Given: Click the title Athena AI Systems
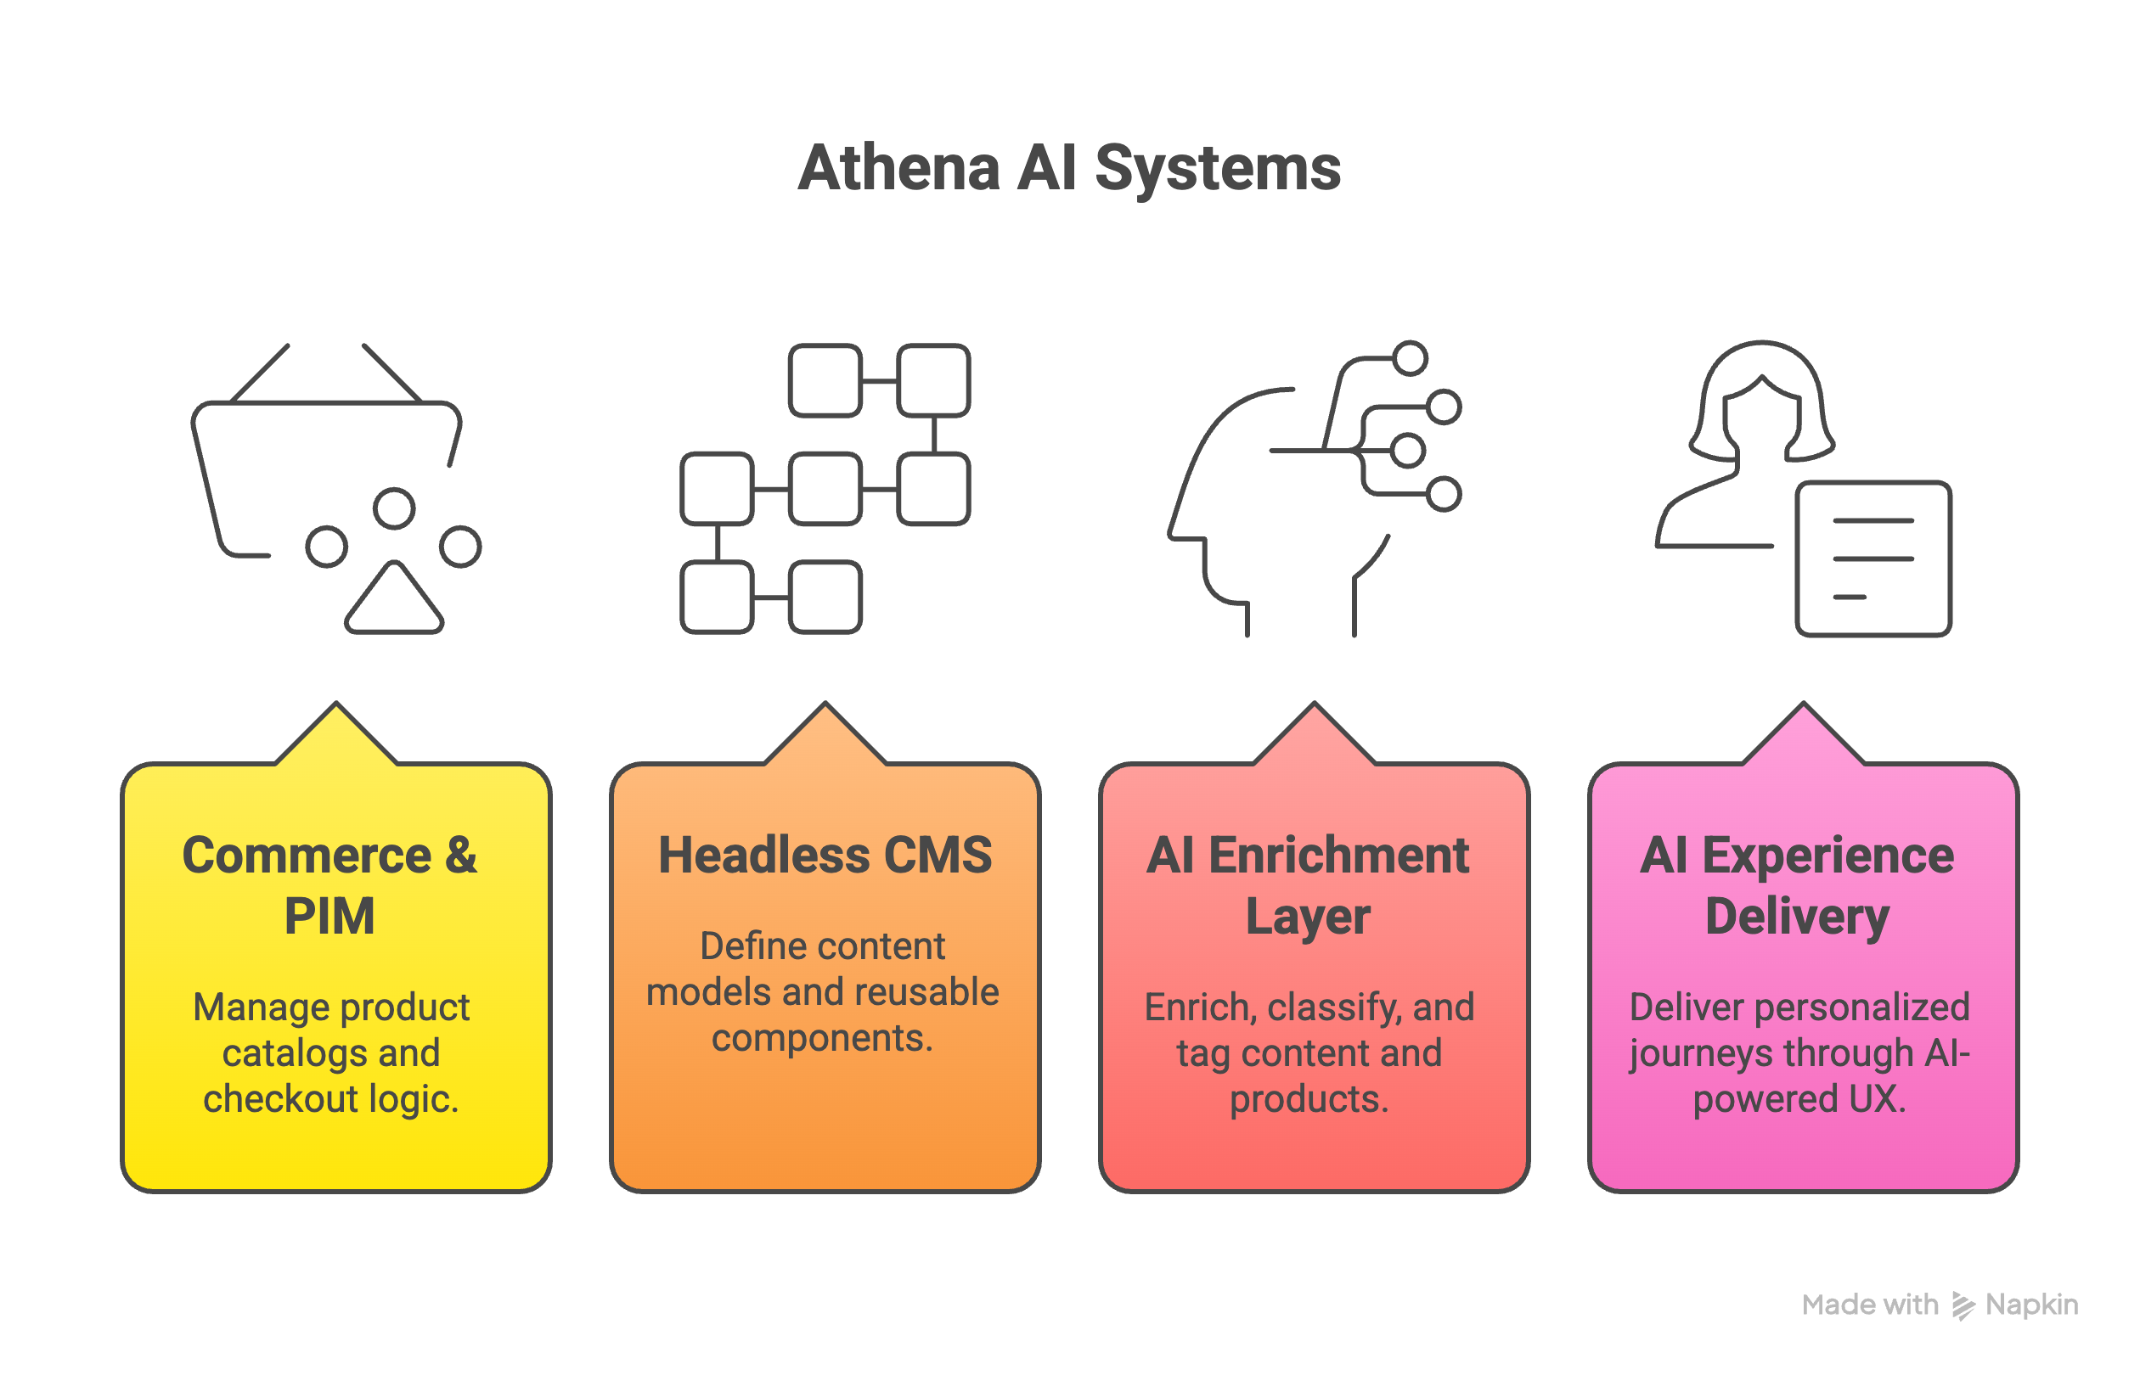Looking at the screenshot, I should coord(1069,168).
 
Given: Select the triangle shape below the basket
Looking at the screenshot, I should coord(394,601).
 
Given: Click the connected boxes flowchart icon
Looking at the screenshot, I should coord(825,488).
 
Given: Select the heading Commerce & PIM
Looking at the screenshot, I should coord(329,884).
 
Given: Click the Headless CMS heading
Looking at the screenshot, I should coord(825,856).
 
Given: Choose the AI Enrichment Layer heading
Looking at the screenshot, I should coord(1309,884).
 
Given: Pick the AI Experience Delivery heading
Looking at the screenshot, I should coord(1797,884).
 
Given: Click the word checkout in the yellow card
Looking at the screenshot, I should coord(281,1099).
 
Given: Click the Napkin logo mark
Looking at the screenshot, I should coord(1963,1305).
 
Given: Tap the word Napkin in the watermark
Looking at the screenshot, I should coord(2031,1305).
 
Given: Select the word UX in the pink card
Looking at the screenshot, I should coord(1876,1099).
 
